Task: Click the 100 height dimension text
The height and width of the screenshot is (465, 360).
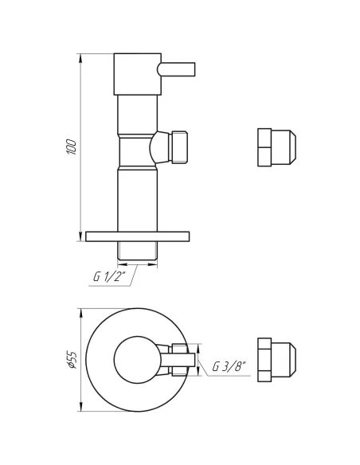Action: click(72, 147)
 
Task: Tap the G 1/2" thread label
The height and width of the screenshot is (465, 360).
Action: click(108, 277)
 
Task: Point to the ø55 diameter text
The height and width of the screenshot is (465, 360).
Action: click(72, 361)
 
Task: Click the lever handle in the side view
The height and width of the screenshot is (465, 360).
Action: click(177, 70)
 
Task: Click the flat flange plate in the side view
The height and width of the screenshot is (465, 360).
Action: click(138, 236)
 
